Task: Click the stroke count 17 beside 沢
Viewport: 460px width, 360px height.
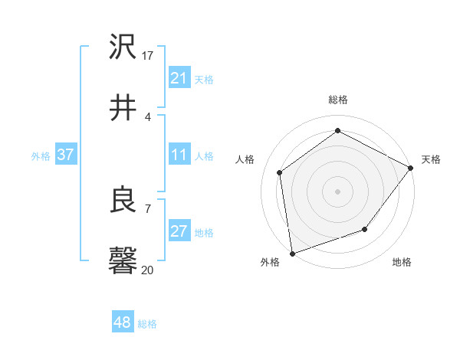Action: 148,55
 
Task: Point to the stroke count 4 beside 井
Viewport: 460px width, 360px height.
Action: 147,116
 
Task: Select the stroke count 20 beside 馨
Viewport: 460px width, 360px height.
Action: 148,270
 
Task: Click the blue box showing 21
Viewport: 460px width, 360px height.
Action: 179,78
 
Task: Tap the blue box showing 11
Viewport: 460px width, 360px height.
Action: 179,155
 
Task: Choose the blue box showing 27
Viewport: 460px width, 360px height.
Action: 179,231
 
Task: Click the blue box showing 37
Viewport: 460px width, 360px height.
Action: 65,155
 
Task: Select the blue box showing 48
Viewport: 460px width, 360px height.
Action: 122,322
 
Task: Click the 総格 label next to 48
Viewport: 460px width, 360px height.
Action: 147,324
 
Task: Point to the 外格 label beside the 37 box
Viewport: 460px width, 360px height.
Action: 41,156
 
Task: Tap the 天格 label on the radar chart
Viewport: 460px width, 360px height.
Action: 431,159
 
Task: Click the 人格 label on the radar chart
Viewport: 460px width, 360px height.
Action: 245,159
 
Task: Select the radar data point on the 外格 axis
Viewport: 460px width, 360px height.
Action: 292,253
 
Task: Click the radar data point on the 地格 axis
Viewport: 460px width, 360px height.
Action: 365,229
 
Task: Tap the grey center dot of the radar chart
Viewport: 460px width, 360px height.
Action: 337,191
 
